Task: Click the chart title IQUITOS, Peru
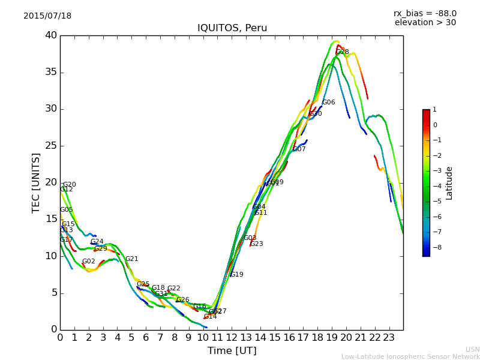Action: click(232, 28)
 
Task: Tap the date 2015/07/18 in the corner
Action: click(47, 16)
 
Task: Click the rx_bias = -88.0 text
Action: click(425, 13)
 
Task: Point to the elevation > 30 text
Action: click(425, 23)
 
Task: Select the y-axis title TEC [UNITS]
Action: click(36, 183)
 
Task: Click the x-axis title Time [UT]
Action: click(232, 351)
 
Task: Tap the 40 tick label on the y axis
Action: click(51, 35)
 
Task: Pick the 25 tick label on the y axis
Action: click(51, 146)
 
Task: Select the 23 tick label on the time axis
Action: click(389, 337)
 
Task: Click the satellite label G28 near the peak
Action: click(343, 52)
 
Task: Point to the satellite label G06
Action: click(329, 103)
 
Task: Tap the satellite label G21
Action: click(132, 259)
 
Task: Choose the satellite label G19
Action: click(237, 275)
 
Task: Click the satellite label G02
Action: click(89, 262)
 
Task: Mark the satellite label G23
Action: click(257, 244)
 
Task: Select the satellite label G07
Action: click(299, 149)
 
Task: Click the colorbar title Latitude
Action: click(449, 183)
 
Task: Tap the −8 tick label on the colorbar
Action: click(435, 247)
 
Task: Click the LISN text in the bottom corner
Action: click(472, 349)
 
